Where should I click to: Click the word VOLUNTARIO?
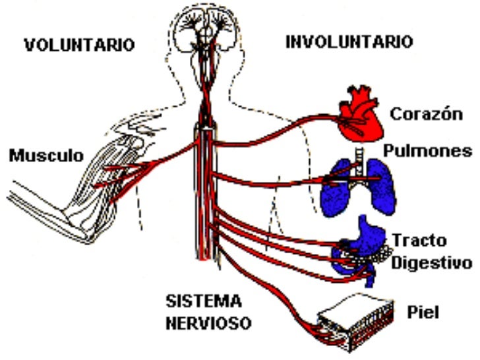pyautogui.click(x=79, y=45)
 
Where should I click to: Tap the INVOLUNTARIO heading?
pyautogui.click(x=349, y=42)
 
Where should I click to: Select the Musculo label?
pyautogui.click(x=46, y=156)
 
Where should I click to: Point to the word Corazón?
pyautogui.click(x=425, y=113)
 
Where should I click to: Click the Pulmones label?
pyautogui.click(x=429, y=151)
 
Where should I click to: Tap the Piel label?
pyautogui.click(x=424, y=310)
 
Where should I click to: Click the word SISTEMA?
pyautogui.click(x=204, y=301)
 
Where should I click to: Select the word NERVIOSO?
pyautogui.click(x=208, y=324)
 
